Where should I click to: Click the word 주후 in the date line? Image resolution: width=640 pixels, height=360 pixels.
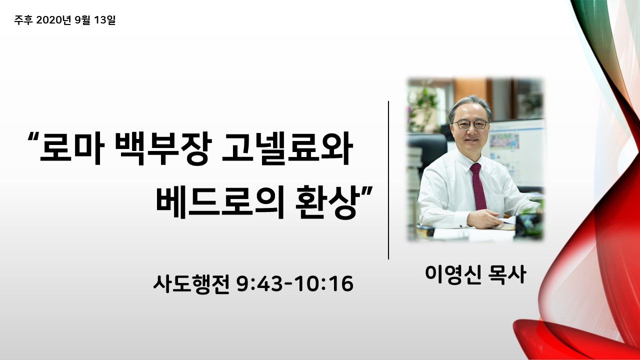[x=23, y=20]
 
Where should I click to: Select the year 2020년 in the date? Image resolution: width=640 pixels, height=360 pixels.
[x=53, y=20]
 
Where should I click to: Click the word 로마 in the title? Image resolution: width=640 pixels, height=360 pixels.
[x=71, y=148]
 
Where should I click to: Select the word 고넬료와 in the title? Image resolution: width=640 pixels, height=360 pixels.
[x=287, y=148]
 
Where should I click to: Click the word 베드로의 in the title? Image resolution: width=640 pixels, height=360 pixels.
[x=220, y=202]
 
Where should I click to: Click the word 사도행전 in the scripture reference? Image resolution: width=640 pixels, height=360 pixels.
[x=191, y=284]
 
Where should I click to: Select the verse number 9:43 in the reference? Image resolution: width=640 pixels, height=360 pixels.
[x=259, y=284]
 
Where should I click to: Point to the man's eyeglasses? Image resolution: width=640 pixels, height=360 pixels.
[x=470, y=124]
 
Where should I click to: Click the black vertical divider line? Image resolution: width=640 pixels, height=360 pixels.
[x=388, y=180]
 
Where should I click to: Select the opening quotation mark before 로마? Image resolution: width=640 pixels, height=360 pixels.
[x=33, y=136]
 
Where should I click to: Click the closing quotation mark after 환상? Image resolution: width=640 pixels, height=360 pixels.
[x=367, y=190]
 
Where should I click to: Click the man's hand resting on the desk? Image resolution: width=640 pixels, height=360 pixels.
[x=483, y=219]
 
